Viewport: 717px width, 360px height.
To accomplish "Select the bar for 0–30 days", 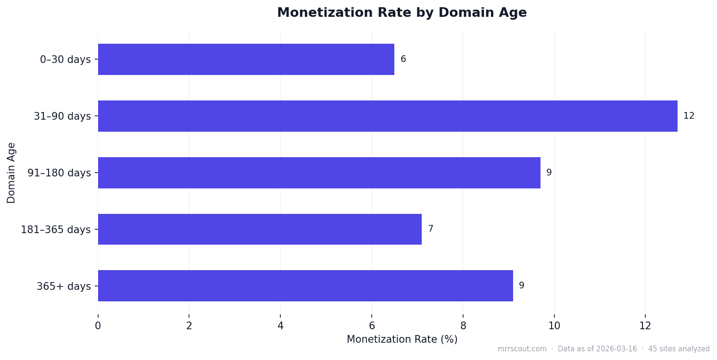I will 246,60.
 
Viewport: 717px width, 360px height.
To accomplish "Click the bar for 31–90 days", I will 388,116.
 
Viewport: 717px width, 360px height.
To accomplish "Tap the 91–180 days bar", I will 319,173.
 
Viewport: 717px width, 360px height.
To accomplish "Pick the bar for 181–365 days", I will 260,229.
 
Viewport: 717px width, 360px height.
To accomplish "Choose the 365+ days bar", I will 305,286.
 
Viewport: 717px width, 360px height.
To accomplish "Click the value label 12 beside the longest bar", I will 689,116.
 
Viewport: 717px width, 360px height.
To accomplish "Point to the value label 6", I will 403,60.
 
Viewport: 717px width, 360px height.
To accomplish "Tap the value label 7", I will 430,229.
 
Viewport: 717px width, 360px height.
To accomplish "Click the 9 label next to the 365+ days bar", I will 521,286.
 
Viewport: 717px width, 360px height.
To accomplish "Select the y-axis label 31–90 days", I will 62,116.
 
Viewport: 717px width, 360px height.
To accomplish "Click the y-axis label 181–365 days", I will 55,230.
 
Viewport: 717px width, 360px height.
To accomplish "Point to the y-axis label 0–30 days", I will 65,60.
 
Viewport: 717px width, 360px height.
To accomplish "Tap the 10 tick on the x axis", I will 554,326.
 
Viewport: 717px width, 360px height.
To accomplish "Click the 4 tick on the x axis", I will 280,326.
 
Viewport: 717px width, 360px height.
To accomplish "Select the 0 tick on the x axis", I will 98,326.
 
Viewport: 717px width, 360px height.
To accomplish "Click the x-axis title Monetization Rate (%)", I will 402,339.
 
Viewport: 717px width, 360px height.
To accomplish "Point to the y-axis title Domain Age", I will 12,173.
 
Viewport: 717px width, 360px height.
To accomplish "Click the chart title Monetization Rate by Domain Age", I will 402,13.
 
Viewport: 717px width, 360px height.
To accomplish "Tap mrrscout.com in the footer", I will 522,349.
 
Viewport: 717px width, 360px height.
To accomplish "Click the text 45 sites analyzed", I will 679,349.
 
